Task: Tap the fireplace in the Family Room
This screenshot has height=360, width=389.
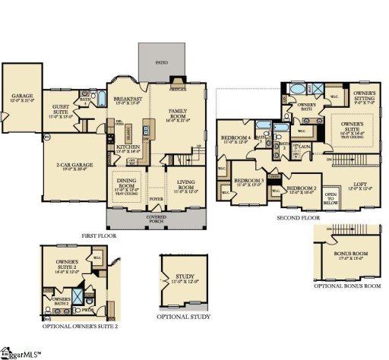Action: (177, 87)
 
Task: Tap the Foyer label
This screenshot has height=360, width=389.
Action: (156, 201)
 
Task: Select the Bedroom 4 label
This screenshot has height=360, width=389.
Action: (236, 138)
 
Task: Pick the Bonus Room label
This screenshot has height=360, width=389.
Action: (350, 254)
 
